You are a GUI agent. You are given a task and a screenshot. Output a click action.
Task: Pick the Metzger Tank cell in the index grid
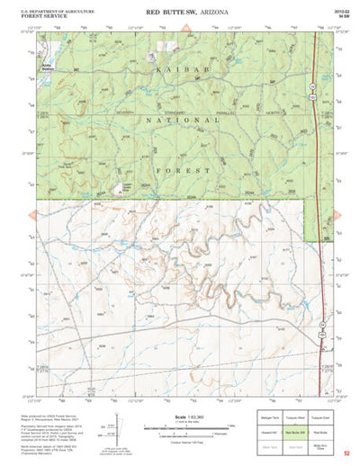(266, 420)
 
